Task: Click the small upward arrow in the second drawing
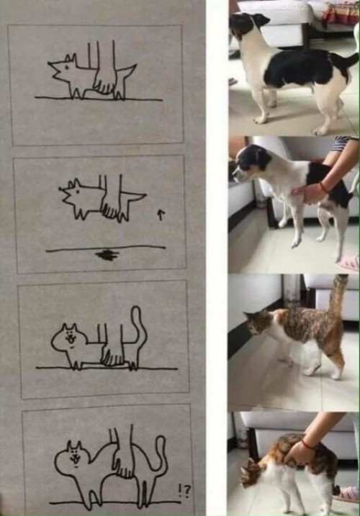pyautogui.click(x=161, y=214)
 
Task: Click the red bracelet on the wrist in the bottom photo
pyautogui.click(x=308, y=445)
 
